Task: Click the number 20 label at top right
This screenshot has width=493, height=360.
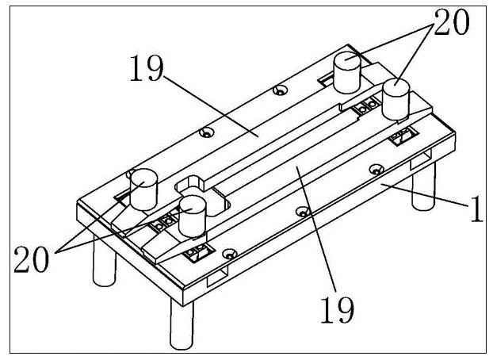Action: pos(452,22)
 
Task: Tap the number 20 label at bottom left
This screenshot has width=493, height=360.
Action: pos(32,259)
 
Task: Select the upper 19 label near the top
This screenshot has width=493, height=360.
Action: pos(147,68)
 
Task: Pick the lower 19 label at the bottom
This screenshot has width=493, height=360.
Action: pos(337,309)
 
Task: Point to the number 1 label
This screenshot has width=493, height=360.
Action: pos(476,209)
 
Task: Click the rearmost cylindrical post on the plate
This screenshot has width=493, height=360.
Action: pos(347,73)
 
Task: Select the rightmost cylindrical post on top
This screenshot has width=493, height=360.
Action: pos(396,99)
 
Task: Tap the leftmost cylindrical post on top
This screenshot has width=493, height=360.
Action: pos(143,190)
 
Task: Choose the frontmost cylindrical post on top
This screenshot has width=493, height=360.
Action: pos(192,216)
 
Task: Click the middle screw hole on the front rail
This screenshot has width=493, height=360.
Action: pos(303,212)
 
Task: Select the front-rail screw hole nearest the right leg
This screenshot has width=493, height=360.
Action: pos(376,170)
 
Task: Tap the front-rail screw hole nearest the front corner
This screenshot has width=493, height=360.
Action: pos(229,253)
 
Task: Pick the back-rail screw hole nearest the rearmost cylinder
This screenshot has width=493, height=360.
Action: pos(280,90)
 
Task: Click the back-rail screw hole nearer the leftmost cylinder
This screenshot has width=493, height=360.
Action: pos(207,132)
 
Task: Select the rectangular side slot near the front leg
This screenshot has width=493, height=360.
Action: pos(217,276)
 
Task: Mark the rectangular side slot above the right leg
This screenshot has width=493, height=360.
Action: pos(422,159)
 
